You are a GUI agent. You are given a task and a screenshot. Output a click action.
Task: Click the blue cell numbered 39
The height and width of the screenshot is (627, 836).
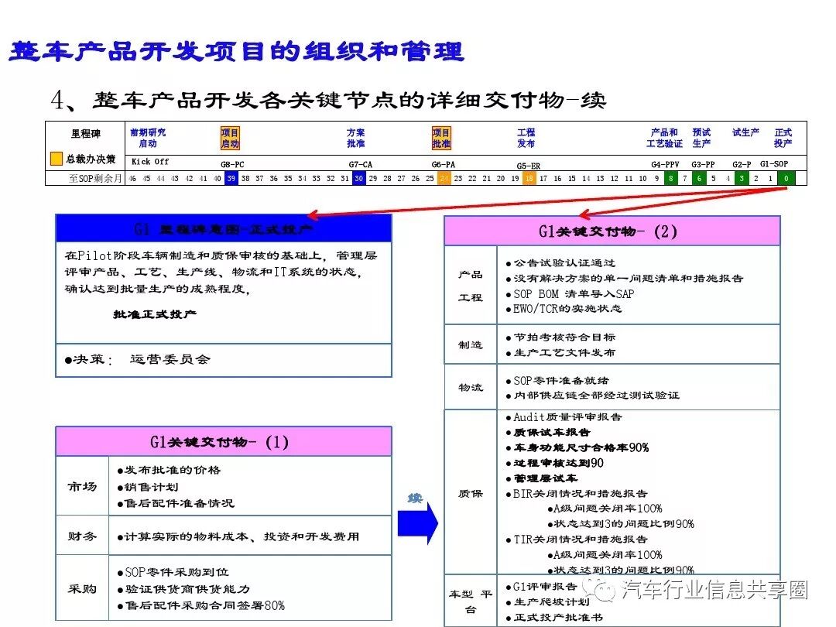coord(231,179)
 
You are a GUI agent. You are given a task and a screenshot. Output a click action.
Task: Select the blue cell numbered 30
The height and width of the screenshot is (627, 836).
coord(358,179)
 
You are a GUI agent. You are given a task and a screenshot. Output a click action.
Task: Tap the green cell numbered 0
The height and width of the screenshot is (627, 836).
coord(786,179)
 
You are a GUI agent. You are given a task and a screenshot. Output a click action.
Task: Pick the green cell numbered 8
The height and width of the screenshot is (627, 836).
coord(671,179)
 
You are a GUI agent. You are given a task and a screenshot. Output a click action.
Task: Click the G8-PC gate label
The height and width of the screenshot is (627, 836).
coord(232,164)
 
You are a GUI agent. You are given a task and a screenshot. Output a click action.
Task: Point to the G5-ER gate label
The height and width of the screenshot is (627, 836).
coord(529,165)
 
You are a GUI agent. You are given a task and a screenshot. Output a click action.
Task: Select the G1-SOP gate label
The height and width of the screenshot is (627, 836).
coord(774,164)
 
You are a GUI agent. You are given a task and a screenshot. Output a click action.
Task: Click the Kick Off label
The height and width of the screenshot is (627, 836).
coord(150,162)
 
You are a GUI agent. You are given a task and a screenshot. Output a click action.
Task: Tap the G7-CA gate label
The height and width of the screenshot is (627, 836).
coord(361,164)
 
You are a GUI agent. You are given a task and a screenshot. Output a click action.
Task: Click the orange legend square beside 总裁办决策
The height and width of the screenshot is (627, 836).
coord(57,159)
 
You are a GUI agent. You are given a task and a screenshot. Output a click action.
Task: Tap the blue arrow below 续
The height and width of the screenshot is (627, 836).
coord(417,524)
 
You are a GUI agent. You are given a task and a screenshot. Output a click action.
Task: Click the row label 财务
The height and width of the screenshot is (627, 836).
coord(82,536)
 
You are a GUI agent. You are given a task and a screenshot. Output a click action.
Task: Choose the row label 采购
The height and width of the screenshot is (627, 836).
coord(82,589)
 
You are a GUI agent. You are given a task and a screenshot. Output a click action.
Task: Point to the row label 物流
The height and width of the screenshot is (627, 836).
coord(471,387)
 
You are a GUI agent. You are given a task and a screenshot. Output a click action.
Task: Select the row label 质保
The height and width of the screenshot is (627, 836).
coord(471,493)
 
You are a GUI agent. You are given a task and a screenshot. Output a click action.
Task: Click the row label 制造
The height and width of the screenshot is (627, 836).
coord(471,345)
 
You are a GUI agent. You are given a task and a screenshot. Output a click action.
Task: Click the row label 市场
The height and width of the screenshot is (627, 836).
coord(82,486)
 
